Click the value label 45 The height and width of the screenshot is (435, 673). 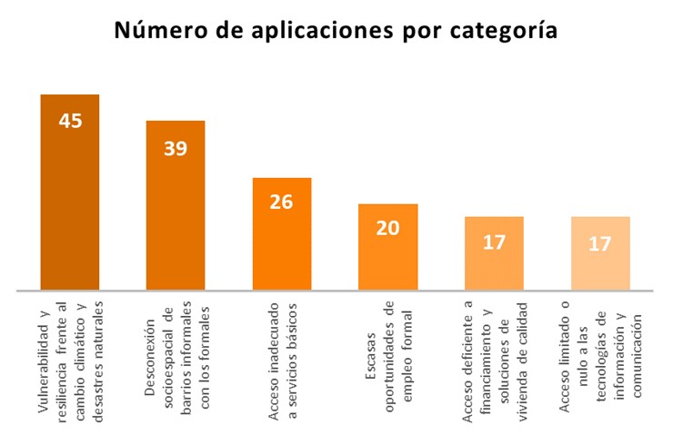[70, 121]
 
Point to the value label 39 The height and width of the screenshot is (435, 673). [176, 148]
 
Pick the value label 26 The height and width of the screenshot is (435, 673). [281, 202]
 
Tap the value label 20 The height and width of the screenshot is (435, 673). [387, 228]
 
